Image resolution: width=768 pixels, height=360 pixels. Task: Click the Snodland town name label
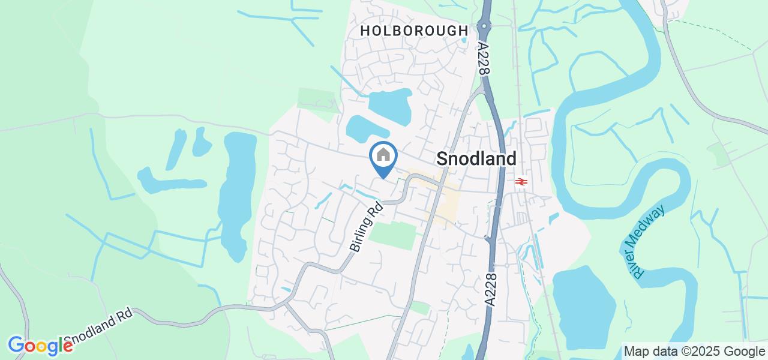pyautogui.click(x=476, y=158)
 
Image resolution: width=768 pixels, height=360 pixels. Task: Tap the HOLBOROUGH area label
pyautogui.click(x=415, y=31)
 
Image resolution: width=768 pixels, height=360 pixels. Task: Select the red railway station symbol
pyautogui.click(x=521, y=181)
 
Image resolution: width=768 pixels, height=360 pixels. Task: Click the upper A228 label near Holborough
pyautogui.click(x=483, y=58)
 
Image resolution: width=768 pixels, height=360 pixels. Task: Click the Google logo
pyautogui.click(x=40, y=346)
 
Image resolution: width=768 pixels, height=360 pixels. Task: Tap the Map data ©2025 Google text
pyautogui.click(x=693, y=352)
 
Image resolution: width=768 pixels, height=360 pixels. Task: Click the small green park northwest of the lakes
pyautogui.click(x=318, y=98)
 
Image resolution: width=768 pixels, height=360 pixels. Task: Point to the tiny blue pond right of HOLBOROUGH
pyautogui.click(x=464, y=41)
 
